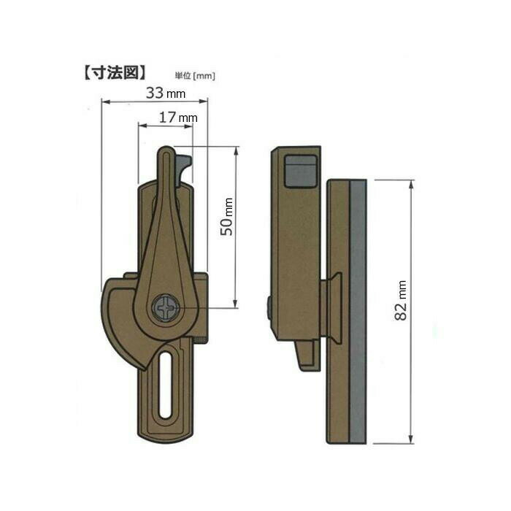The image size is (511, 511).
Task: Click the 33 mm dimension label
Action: pyautogui.click(x=166, y=93)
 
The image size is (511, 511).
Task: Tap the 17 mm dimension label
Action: pyautogui.click(x=178, y=118)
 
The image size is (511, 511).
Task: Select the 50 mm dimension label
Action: pyautogui.click(x=227, y=216)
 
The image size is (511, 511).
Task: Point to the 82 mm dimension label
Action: pyautogui.click(x=401, y=301)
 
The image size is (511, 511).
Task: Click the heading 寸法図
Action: pyautogui.click(x=115, y=73)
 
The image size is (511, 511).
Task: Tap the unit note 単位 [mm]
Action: pyautogui.click(x=195, y=76)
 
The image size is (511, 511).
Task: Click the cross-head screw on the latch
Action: pyautogui.click(x=166, y=307)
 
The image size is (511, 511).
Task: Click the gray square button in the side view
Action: pyautogui.click(x=300, y=172)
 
